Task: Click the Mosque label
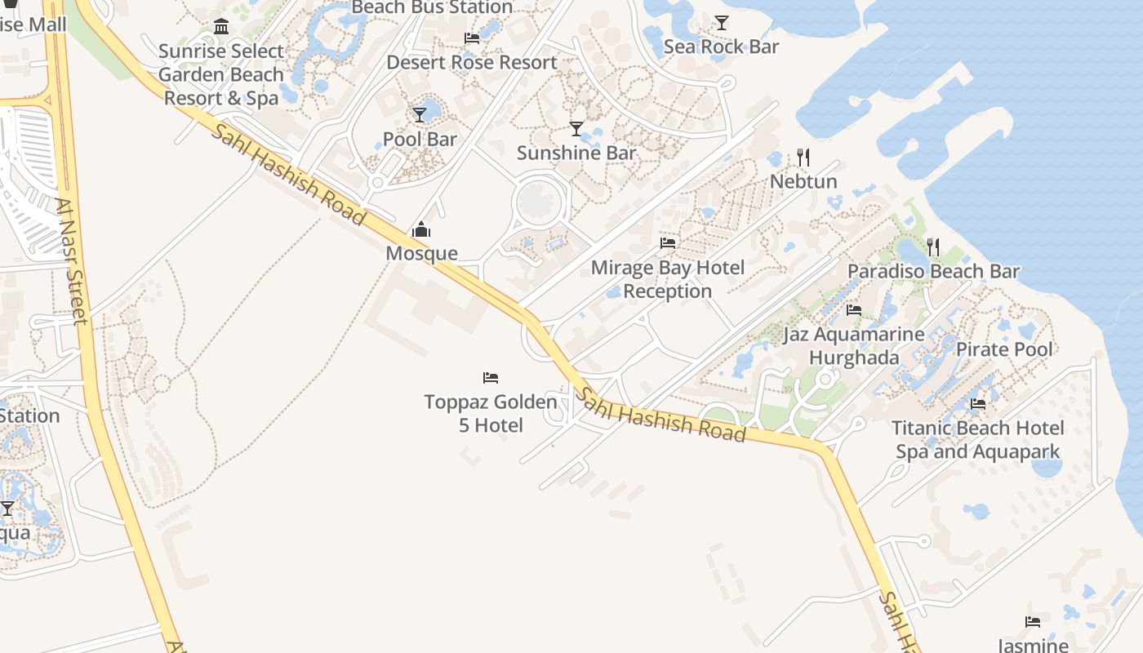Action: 421,253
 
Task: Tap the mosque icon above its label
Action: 421,229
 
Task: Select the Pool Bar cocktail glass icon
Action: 420,115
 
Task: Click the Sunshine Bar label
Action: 576,153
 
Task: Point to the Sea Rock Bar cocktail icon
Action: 722,22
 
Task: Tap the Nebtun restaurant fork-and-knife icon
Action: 803,158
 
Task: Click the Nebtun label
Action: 804,181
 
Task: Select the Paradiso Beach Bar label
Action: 933,271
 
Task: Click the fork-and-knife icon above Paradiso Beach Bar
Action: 933,247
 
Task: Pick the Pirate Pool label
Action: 1004,349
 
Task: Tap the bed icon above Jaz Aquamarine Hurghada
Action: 854,310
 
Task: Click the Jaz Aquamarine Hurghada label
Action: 854,346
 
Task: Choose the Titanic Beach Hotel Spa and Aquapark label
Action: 977,440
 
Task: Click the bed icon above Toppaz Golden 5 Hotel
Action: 491,378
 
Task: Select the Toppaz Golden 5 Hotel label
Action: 491,414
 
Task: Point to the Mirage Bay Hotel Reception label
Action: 668,279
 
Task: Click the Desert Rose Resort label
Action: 472,62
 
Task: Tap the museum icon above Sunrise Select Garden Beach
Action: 221,27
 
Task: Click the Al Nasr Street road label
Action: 72,261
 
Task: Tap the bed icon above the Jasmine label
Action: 1033,622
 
